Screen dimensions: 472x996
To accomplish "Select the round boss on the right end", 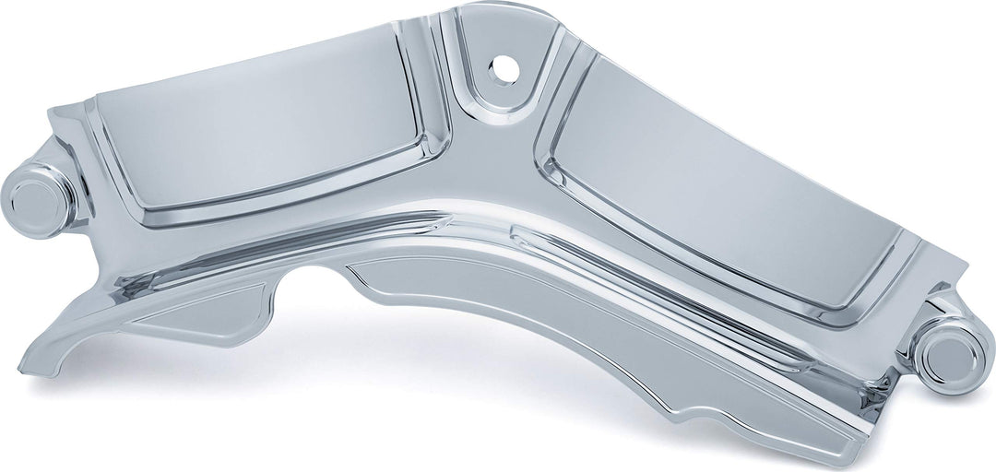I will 950,355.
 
